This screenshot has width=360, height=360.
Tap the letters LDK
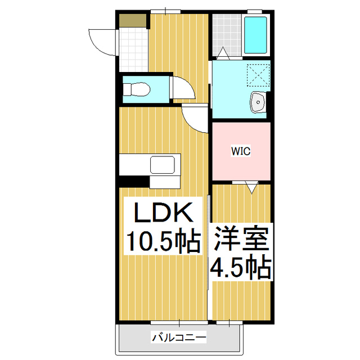coord(163,214)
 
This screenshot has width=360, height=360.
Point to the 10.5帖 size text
coord(163,242)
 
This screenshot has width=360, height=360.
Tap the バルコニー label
coord(179,337)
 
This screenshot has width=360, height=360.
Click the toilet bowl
coord(138,88)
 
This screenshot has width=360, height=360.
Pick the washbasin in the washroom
coord(259,102)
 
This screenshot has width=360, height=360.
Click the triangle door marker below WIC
coord(251,187)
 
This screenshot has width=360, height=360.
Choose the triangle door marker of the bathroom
coord(223,53)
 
